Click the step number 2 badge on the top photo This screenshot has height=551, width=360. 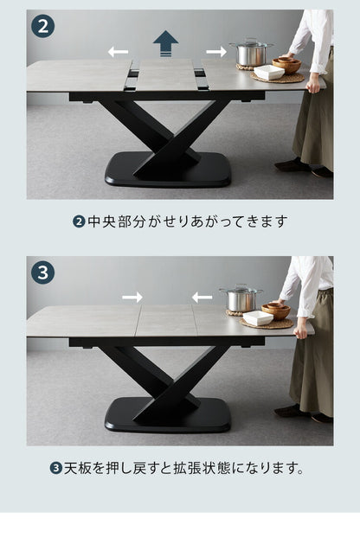43,26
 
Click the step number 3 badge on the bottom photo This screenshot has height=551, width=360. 43,272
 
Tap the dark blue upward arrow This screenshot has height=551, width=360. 165,43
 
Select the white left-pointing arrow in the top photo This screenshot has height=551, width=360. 118,52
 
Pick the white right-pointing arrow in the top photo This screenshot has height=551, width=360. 216,52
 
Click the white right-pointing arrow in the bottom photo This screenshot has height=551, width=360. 132,298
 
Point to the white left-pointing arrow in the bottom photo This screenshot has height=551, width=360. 202,298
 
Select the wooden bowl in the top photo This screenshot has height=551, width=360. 286,65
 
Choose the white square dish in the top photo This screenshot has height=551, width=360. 269,72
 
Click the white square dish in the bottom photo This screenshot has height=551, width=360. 258,317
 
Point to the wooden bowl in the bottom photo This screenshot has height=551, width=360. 276,311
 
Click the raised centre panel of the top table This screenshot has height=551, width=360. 166,74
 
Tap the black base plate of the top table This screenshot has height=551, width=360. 168,170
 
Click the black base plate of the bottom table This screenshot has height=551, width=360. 168,415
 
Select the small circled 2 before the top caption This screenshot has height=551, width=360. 79,221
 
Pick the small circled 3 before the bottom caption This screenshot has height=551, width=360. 55,469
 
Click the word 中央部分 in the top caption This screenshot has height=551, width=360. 116,221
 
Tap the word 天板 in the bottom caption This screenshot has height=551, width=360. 77,469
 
